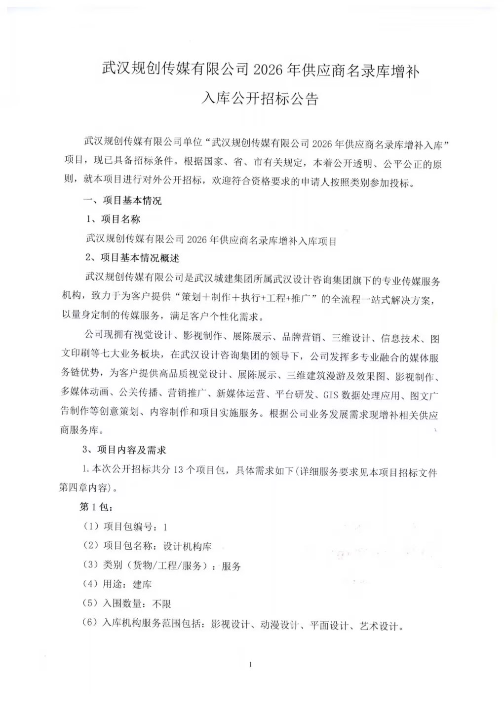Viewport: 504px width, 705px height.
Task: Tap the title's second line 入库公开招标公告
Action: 260,99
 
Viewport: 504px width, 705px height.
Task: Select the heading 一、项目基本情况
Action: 122,201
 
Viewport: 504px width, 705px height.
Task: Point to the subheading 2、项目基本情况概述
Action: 132,258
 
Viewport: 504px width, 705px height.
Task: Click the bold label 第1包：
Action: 97,507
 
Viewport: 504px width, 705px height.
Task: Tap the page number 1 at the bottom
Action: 251,665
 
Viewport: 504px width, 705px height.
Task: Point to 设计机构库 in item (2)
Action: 188,546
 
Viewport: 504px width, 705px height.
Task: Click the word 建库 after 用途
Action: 142,585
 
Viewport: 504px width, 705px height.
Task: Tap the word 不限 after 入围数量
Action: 162,604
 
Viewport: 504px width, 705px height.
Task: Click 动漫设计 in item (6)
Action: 280,625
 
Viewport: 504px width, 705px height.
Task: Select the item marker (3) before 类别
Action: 91,565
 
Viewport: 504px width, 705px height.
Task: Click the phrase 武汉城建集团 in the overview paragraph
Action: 224,279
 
